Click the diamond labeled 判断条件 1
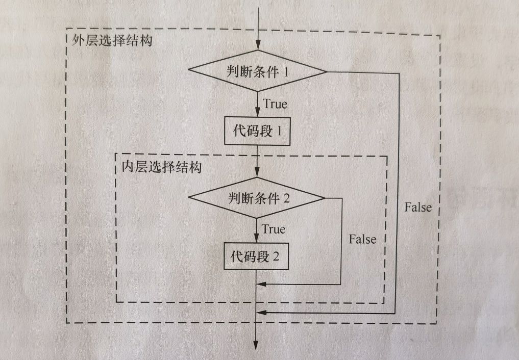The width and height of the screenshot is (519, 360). click(x=258, y=72)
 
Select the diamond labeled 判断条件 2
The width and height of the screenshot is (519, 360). click(x=257, y=197)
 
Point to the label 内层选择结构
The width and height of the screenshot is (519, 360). click(x=162, y=167)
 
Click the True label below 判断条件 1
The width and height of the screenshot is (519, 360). click(x=275, y=104)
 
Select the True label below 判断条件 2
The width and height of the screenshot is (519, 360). click(x=274, y=229)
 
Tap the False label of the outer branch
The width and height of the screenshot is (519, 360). click(x=418, y=207)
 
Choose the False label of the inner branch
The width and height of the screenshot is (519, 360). click(x=362, y=239)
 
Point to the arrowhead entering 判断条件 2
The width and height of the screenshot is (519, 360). click(x=259, y=174)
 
